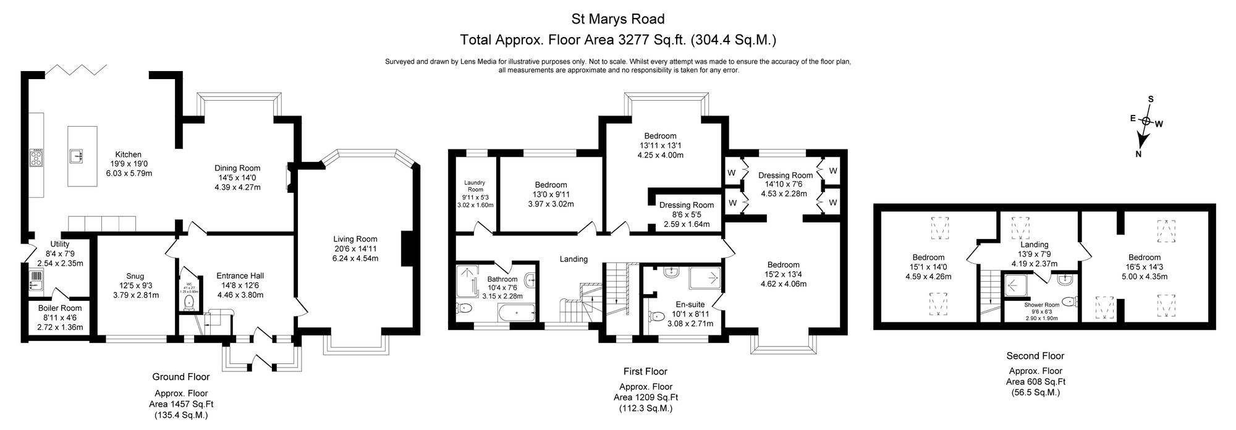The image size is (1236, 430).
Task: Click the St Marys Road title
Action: tap(617, 20)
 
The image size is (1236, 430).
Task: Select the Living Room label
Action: tap(355, 239)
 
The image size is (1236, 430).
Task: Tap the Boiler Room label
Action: tap(60, 308)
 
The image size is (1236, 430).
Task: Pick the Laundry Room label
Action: tap(475, 186)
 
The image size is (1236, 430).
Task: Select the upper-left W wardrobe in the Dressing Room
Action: tap(732, 172)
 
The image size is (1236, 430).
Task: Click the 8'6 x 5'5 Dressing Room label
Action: tap(686, 215)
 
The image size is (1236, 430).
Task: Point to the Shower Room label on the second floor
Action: tap(1041, 305)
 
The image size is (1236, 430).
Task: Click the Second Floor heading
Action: tap(1035, 356)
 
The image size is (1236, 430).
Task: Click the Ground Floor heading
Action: tap(181, 377)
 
